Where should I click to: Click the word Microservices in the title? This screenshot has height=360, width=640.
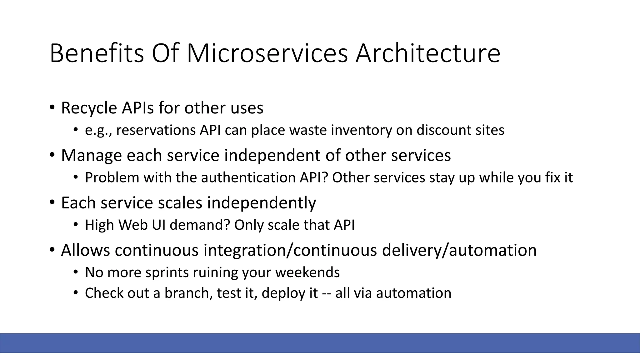pyautogui.click(x=267, y=54)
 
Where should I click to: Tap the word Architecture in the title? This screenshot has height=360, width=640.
pyautogui.click(x=428, y=54)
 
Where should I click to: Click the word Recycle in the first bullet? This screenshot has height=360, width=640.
pyautogui.click(x=89, y=108)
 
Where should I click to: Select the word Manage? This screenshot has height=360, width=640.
pyautogui.click(x=91, y=156)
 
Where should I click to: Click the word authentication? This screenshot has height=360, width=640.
pyautogui.click(x=248, y=178)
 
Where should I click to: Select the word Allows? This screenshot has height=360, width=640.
pyautogui.click(x=85, y=250)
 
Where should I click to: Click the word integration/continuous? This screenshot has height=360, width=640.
pyautogui.click(x=290, y=250)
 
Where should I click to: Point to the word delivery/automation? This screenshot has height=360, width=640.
pyautogui.click(x=459, y=250)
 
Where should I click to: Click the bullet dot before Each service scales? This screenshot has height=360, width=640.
pyautogui.click(x=52, y=202)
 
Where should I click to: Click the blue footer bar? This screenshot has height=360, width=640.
pyautogui.click(x=320, y=343)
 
